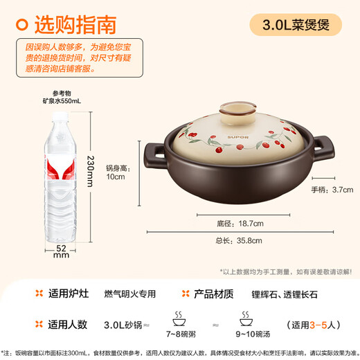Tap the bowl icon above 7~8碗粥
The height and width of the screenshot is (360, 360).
pos(180,320)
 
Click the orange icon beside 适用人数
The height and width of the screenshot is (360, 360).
pos(19,323)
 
